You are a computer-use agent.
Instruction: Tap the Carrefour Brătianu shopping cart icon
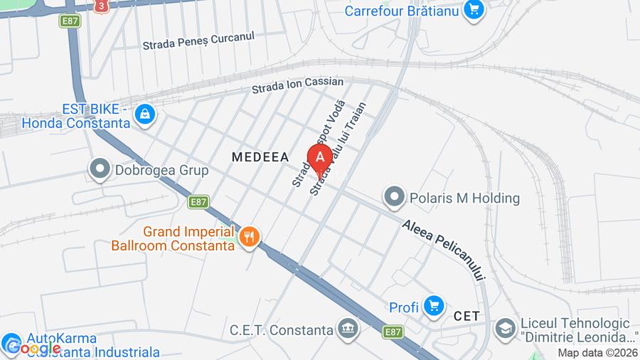click(x=474, y=10)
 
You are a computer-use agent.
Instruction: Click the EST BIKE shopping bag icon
click(x=144, y=115)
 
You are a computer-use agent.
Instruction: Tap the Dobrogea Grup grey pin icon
click(x=100, y=169)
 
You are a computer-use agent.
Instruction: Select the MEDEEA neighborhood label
click(x=260, y=157)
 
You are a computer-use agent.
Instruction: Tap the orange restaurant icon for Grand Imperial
click(x=249, y=237)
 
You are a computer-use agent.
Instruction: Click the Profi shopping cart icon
click(x=432, y=307)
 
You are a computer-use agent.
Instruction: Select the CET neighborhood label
click(x=467, y=315)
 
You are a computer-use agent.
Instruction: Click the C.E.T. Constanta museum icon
click(x=347, y=329)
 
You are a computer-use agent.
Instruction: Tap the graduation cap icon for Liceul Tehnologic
click(x=505, y=329)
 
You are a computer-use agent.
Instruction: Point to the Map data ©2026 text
click(x=597, y=353)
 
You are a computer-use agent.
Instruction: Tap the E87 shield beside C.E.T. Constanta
click(x=393, y=332)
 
